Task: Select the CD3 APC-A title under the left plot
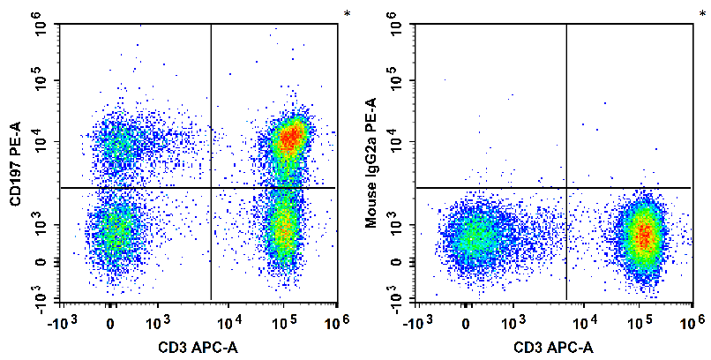click(198, 345)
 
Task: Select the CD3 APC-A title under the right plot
click(552, 345)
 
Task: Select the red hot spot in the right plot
click(645, 235)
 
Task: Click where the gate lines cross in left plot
click(212, 188)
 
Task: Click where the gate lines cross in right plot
click(565, 188)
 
